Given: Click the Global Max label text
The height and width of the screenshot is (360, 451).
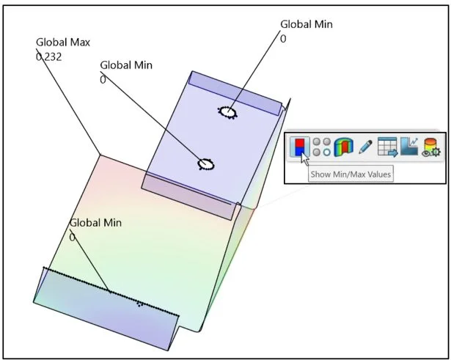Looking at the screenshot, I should (x=62, y=43).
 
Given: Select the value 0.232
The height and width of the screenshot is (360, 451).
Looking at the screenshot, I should (x=48, y=56).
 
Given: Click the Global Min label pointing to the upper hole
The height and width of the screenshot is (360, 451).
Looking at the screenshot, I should (x=306, y=24).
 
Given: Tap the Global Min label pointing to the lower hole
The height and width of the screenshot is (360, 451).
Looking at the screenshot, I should (x=125, y=65).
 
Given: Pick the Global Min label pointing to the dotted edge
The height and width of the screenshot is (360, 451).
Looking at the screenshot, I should (x=95, y=223).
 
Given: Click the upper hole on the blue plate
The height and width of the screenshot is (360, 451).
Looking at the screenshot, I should (x=227, y=112).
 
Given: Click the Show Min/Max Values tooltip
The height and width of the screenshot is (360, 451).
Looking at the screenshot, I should (x=350, y=174).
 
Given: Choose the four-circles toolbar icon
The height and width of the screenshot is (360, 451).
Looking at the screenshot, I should (x=321, y=147).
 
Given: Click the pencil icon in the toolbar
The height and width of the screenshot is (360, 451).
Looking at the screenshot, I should (x=365, y=147).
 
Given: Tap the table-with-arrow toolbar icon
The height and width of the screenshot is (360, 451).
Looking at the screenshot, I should (x=387, y=147).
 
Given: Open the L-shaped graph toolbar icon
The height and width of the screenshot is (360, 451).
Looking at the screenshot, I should (x=408, y=147).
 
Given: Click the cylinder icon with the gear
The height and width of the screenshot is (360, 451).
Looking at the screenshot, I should (x=430, y=147).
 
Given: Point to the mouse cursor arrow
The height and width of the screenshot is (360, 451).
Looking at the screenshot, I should (x=304, y=159).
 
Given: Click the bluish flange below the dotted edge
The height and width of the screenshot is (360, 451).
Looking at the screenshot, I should (x=103, y=312).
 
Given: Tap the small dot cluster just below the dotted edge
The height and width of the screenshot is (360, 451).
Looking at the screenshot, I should (x=139, y=304).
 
